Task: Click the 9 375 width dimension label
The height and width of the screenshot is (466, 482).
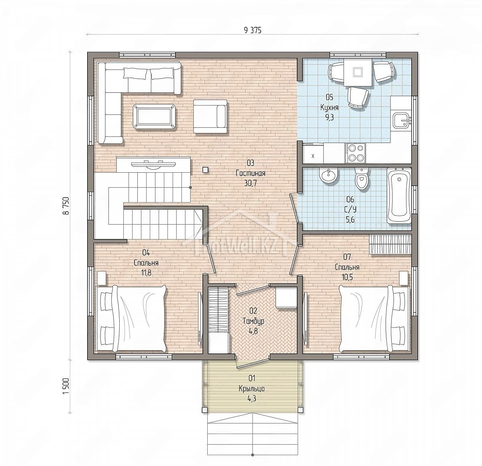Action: (x=252, y=30)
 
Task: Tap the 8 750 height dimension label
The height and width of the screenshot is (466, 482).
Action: (x=66, y=206)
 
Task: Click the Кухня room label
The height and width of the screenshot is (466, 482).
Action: (x=329, y=108)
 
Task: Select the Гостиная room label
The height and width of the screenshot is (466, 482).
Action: (x=250, y=173)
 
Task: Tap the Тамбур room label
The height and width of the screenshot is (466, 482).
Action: (x=253, y=321)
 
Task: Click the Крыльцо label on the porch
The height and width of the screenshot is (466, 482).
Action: (x=252, y=388)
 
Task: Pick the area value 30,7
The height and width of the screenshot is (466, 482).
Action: (x=250, y=183)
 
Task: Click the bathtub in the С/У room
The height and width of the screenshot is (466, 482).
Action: (x=399, y=196)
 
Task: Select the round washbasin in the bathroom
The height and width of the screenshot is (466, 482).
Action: (x=329, y=176)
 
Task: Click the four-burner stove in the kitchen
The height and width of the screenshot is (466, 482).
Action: (x=355, y=153)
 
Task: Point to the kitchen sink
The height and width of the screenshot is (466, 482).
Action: (x=402, y=121)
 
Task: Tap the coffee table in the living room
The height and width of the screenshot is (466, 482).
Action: (x=154, y=117)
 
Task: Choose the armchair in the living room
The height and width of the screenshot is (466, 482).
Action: (x=210, y=117)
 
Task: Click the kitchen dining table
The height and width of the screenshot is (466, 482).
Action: (x=357, y=72)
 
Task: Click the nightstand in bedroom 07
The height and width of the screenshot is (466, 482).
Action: (x=404, y=278)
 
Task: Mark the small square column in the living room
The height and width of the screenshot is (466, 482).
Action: (x=205, y=170)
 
